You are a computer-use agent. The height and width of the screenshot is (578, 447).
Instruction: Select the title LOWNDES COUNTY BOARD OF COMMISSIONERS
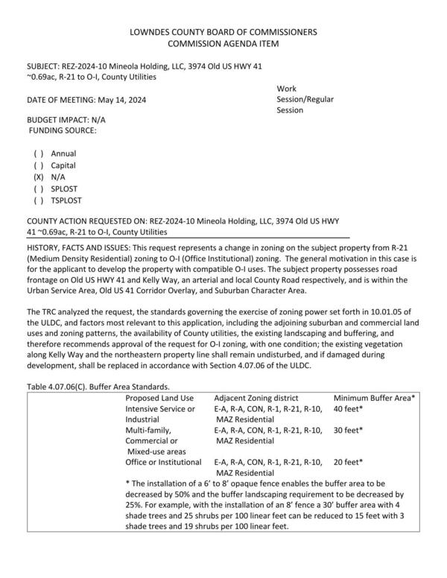pyautogui.click(x=223, y=33)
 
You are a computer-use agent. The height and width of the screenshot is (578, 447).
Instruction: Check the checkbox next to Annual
pyautogui.click(x=37, y=153)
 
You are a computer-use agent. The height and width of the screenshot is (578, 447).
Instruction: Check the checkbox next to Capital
pyautogui.click(x=37, y=165)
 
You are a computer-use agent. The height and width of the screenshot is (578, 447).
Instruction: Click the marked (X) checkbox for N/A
pyautogui.click(x=37, y=177)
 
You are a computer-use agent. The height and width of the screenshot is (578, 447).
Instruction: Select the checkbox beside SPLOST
pyautogui.click(x=37, y=189)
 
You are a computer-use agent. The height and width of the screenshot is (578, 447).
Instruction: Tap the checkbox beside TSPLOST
pyautogui.click(x=37, y=201)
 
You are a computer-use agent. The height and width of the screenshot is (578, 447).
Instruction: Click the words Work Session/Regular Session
pyautogui.click(x=303, y=99)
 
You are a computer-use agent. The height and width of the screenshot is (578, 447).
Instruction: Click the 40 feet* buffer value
pyautogui.click(x=348, y=409)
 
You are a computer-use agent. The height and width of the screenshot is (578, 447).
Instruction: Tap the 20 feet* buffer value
pyautogui.click(x=348, y=462)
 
